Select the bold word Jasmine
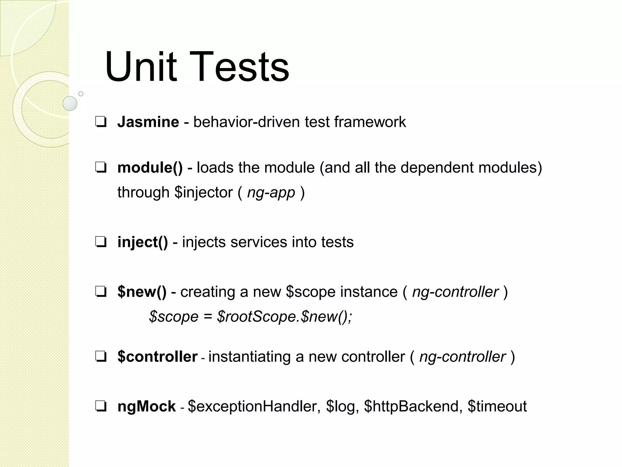pyautogui.click(x=148, y=122)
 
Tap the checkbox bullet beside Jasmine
pyautogui.click(x=101, y=122)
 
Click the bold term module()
pyautogui.click(x=150, y=168)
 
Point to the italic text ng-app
pyautogui.click(x=271, y=192)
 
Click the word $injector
pyautogui.click(x=203, y=192)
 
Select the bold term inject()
pyautogui.click(x=142, y=242)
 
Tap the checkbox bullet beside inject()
pyautogui.click(x=101, y=242)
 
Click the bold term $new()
pyautogui.click(x=142, y=292)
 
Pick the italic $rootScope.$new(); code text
pyautogui.click(x=285, y=317)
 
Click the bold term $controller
pyautogui.click(x=157, y=357)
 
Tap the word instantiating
pyautogui.click(x=249, y=357)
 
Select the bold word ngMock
pyautogui.click(x=146, y=406)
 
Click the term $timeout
pyautogui.click(x=497, y=406)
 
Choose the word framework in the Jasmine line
pyautogui.click(x=370, y=122)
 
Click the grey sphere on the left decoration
pyautogui.click(x=70, y=103)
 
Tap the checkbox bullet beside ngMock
pyautogui.click(x=101, y=406)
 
